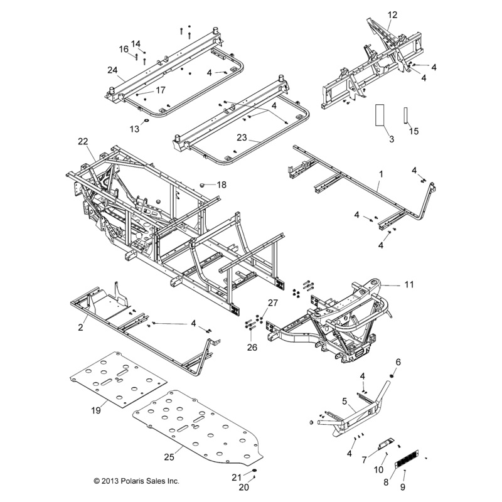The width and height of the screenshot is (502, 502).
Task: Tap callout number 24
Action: [112, 70]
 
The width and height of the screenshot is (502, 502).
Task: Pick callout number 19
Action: [96, 410]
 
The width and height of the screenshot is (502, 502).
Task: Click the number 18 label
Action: [222, 184]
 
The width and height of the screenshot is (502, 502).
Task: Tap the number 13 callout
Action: [133, 129]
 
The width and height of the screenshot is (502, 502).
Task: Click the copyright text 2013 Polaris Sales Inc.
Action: [136, 481]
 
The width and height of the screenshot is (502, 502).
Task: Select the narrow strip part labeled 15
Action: [406, 115]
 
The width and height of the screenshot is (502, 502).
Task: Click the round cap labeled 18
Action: [203, 184]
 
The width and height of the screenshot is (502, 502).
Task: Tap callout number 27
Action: [272, 303]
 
